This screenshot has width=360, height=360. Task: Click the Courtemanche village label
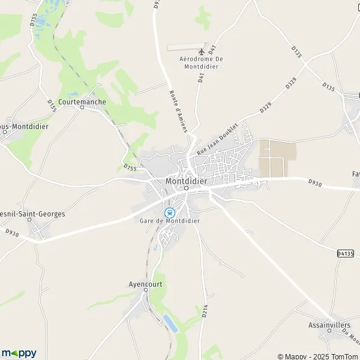click(82, 101)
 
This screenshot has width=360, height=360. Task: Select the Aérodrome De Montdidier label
click(201, 62)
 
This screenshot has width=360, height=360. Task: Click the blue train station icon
click(170, 212)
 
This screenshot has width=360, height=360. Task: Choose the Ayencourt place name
click(146, 284)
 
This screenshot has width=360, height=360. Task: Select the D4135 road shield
click(345, 254)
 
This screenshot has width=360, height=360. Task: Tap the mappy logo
click(19, 353)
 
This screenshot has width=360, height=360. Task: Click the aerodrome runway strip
click(185, 46)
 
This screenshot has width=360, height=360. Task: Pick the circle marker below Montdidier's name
click(186, 188)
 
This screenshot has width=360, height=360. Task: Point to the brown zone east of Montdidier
click(277, 158)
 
